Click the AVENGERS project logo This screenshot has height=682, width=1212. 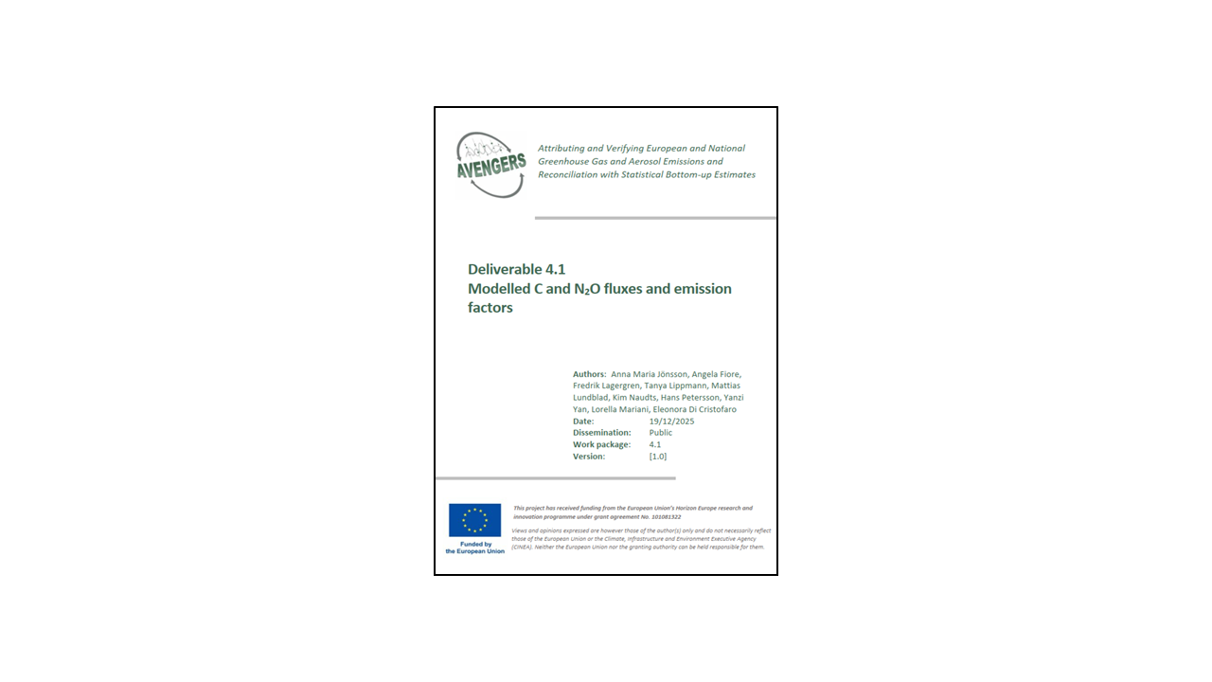491,164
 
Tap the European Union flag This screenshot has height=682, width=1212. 474,520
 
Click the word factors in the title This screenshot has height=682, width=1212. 490,308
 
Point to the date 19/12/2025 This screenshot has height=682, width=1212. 671,421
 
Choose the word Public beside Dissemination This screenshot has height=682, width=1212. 661,433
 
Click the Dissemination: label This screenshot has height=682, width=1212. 602,433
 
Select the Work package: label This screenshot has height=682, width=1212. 601,444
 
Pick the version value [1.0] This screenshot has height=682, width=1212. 658,457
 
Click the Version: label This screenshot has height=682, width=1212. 589,457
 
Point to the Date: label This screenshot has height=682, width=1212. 583,421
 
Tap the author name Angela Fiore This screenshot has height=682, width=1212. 718,374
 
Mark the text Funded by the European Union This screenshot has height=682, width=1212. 474,547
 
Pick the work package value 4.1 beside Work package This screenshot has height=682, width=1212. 655,444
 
